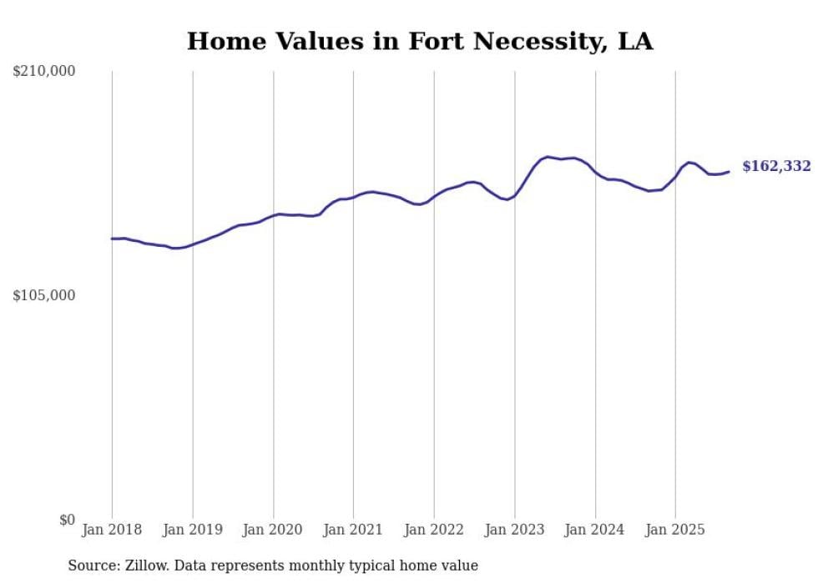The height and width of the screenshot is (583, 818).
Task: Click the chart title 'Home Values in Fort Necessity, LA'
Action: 419,41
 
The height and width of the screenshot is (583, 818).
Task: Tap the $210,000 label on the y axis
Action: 43,72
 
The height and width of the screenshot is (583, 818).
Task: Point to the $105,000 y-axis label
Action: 43,295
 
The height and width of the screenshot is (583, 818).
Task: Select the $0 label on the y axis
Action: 67,520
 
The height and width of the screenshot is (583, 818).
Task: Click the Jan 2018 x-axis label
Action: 112,530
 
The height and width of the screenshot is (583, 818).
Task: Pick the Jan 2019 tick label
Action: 193,530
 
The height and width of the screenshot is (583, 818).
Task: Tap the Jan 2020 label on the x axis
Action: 273,530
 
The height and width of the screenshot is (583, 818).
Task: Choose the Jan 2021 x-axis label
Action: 353,530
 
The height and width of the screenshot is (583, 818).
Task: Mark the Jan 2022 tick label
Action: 434,530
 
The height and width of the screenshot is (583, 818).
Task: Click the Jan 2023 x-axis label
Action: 515,530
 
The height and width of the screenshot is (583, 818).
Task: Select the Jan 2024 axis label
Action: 595,530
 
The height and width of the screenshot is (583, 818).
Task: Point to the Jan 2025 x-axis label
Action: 675,530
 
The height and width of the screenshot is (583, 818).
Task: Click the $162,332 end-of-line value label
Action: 776,167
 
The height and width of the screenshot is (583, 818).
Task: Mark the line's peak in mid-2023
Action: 548,157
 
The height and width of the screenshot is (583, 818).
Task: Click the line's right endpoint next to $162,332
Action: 729,172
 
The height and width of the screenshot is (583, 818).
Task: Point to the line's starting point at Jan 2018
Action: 112,239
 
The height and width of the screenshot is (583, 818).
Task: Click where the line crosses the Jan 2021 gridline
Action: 353,197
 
